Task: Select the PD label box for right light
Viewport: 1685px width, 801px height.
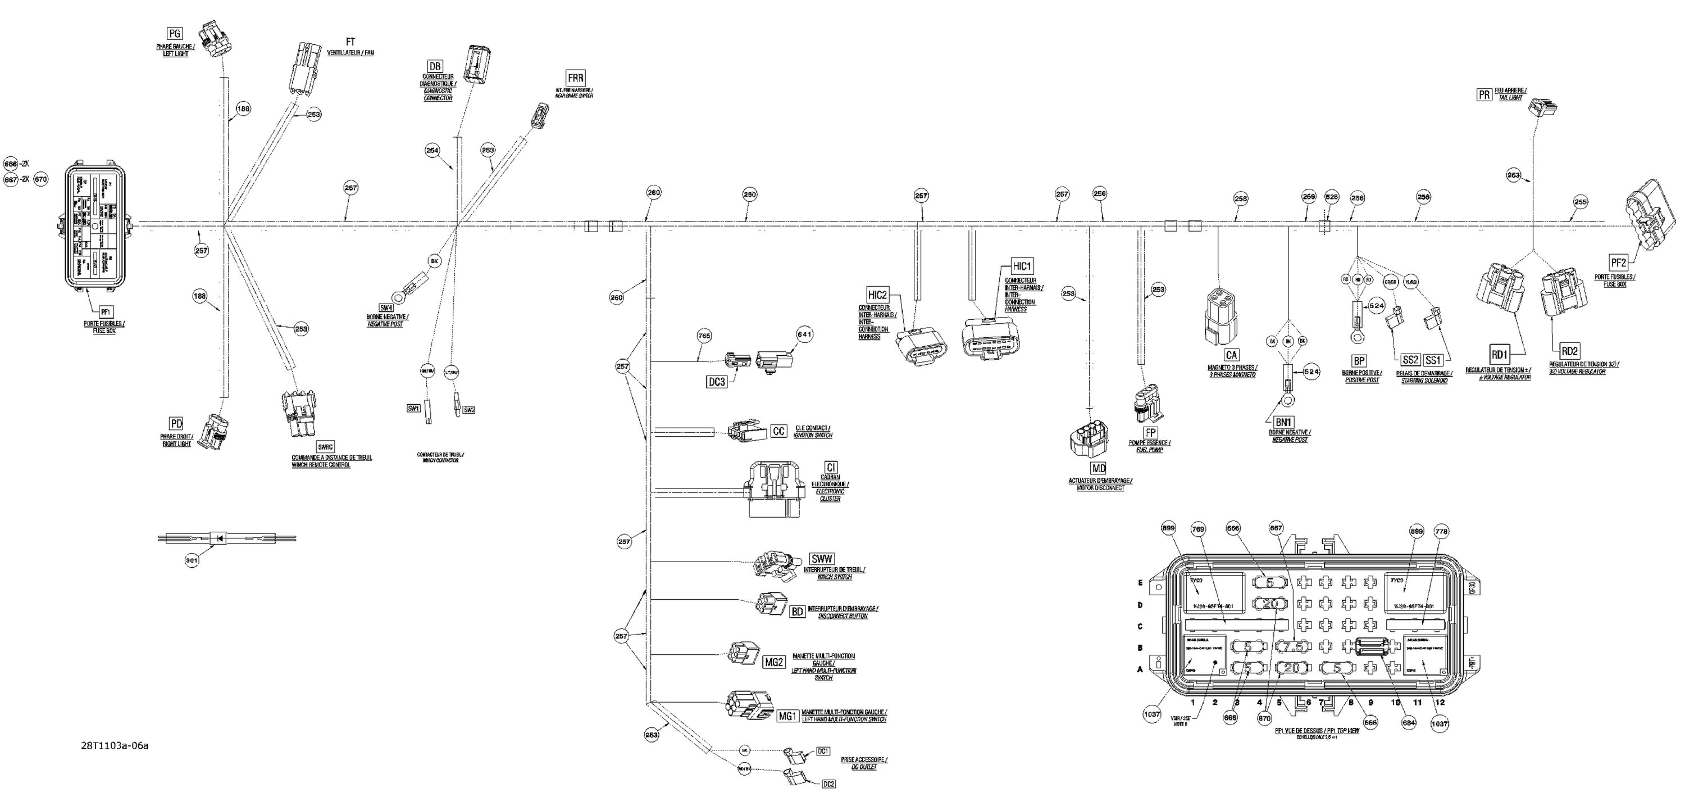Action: (176, 423)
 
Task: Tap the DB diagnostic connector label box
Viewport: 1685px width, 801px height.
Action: (435, 66)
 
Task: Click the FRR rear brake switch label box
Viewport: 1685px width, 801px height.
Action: (576, 78)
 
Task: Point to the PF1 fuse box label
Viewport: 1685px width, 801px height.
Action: (104, 312)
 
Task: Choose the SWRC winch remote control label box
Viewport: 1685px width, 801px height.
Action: (325, 447)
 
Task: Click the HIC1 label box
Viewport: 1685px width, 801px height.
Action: (1021, 266)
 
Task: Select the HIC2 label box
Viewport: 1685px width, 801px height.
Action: (877, 295)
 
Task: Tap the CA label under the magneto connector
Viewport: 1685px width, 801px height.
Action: (1231, 355)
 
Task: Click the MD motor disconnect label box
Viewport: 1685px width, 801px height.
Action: (1098, 469)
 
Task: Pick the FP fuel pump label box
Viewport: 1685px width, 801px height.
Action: (1151, 433)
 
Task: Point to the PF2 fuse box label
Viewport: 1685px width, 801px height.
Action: (1618, 263)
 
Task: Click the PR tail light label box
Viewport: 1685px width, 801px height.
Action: (1484, 95)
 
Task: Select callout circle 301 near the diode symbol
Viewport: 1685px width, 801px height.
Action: (191, 560)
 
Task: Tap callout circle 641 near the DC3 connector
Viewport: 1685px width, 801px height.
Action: (804, 334)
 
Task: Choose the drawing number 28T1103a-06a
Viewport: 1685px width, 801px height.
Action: (115, 745)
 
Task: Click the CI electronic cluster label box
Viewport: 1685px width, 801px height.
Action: (831, 467)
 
